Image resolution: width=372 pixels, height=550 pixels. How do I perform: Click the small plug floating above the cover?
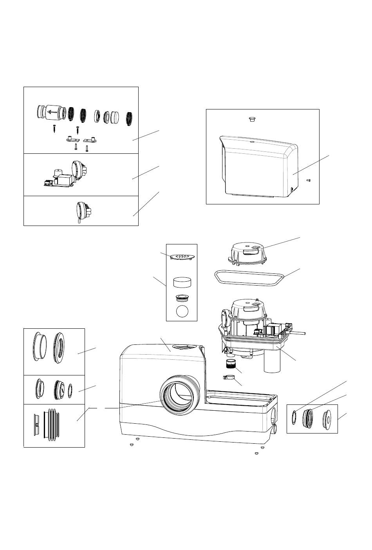[x=253, y=119]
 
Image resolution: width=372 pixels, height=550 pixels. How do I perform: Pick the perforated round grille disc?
[x=182, y=256]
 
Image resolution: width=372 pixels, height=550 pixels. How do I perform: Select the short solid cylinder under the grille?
[x=182, y=282]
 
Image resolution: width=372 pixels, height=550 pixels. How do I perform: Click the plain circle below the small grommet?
[x=182, y=311]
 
